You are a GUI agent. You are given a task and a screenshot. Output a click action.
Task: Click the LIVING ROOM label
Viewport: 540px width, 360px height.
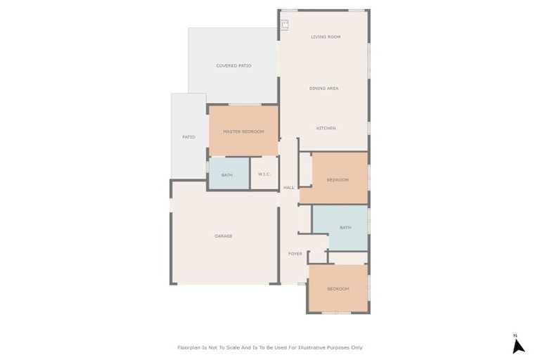click(326, 37)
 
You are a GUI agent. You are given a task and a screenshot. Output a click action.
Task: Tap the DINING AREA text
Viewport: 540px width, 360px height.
click(324, 89)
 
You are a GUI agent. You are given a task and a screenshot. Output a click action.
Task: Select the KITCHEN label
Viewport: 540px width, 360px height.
click(326, 128)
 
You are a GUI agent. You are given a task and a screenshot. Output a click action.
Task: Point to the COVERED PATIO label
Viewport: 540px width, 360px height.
click(233, 65)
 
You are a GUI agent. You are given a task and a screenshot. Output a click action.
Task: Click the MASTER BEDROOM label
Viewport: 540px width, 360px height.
click(243, 131)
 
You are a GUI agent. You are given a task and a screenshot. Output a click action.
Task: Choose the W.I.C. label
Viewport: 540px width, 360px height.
click(264, 174)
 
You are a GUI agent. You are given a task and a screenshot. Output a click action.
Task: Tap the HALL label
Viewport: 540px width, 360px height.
click(289, 188)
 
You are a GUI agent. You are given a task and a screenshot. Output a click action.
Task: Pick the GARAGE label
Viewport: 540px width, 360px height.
click(224, 236)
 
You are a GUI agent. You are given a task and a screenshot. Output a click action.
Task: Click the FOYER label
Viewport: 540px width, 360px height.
click(295, 254)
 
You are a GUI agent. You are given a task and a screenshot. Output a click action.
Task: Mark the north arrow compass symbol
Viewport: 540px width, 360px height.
click(518, 346)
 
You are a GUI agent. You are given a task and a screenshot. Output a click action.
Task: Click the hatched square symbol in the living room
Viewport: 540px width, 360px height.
click(285, 25)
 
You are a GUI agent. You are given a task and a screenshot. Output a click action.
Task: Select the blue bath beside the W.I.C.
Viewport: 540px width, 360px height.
click(227, 174)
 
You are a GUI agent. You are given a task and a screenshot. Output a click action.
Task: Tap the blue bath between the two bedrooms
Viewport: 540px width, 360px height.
click(345, 228)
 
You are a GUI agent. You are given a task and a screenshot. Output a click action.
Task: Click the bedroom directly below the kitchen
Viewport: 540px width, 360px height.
click(337, 180)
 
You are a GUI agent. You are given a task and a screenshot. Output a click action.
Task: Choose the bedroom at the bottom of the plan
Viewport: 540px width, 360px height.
click(338, 289)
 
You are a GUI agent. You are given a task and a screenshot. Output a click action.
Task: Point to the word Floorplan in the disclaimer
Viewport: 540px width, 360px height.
click(190, 347)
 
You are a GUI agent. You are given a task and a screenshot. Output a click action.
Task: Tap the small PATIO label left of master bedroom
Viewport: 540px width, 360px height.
click(188, 137)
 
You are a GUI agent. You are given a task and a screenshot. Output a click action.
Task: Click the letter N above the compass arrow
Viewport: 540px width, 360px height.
click(515, 335)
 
